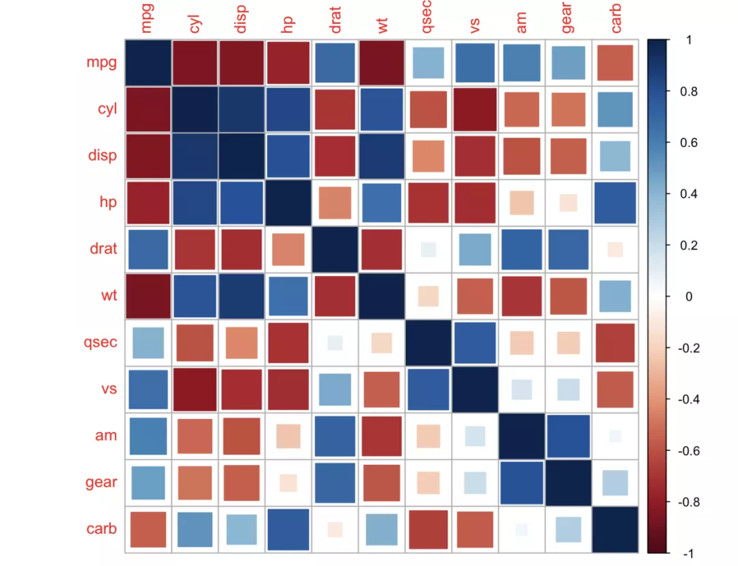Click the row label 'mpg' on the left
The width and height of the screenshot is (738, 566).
point(101,63)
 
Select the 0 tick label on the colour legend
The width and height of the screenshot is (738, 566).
point(689,297)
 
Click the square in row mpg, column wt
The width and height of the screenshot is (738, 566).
point(381,63)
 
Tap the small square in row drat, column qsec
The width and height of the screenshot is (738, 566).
point(428,249)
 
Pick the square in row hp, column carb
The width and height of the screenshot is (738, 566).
point(616,202)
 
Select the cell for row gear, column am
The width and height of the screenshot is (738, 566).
point(522,483)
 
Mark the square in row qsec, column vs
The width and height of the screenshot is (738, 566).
point(475,342)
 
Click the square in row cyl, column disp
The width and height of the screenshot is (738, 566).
point(241,109)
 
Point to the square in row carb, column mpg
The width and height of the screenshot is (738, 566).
point(148,529)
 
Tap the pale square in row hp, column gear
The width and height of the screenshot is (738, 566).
point(568,202)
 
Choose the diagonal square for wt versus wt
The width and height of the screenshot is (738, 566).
point(381,295)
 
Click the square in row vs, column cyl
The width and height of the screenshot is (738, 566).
point(195,389)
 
